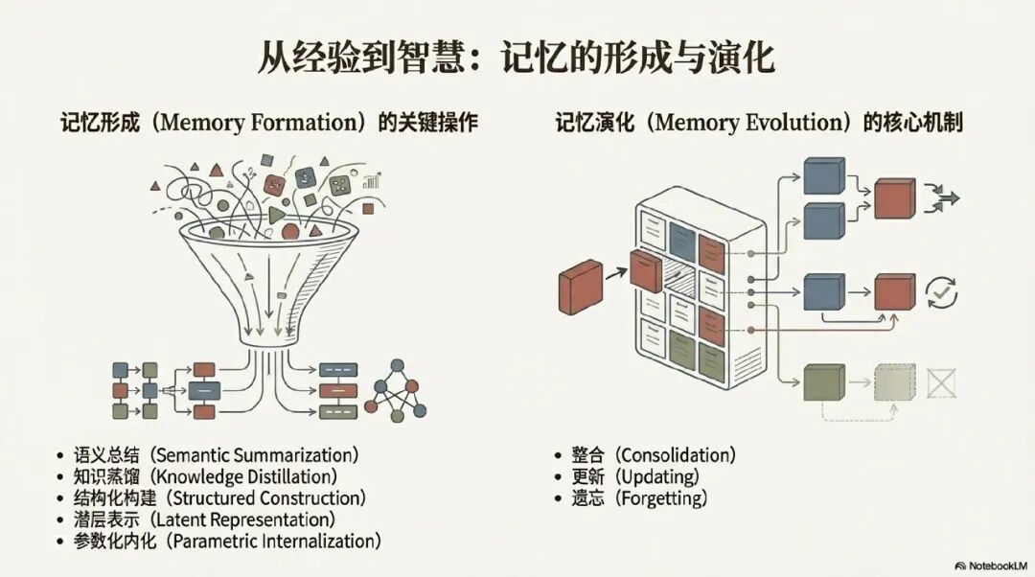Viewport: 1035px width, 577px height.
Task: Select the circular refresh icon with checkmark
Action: (942, 290)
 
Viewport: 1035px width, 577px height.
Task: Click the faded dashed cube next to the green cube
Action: (895, 383)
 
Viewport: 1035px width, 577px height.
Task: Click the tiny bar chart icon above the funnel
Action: (372, 180)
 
